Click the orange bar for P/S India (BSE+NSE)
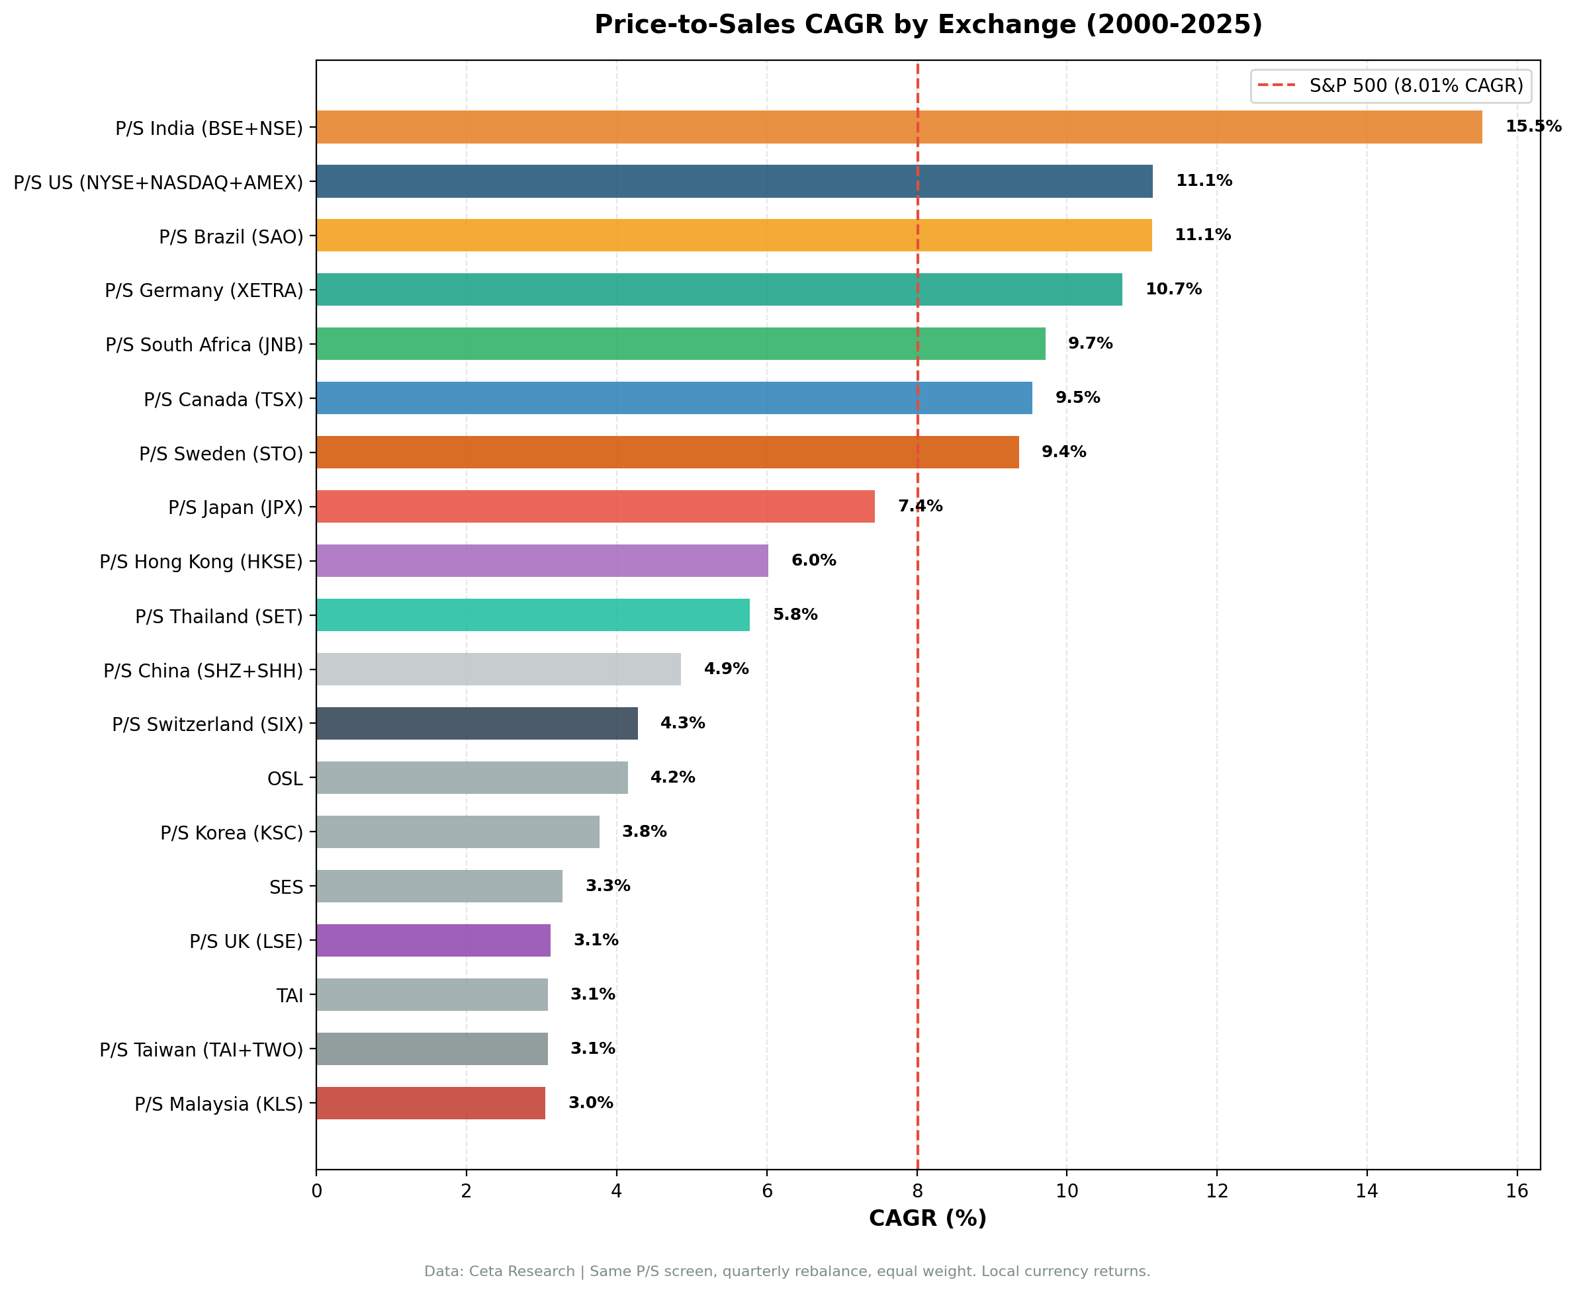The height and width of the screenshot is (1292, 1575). [x=899, y=127]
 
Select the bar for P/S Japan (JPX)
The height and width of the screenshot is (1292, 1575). [x=595, y=506]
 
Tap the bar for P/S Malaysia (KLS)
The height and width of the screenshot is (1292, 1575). [x=430, y=1103]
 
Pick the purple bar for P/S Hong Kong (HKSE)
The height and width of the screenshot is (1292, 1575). [x=542, y=560]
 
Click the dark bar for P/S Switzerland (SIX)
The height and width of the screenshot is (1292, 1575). [x=476, y=724]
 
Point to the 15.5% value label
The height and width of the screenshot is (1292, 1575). [x=1533, y=126]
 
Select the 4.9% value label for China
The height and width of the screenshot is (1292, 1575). [x=726, y=668]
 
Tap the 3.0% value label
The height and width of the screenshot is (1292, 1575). [x=590, y=1102]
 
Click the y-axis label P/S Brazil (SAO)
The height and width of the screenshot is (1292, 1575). [x=231, y=237]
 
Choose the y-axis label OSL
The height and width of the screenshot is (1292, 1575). [x=285, y=779]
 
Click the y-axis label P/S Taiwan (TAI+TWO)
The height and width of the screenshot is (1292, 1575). [x=201, y=1049]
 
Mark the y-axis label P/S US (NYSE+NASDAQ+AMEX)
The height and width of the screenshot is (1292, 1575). [x=157, y=183]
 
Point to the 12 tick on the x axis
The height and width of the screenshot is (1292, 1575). [x=1216, y=1191]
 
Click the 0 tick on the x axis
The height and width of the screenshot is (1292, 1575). [x=316, y=1191]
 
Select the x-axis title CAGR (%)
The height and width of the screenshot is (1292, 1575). [x=927, y=1219]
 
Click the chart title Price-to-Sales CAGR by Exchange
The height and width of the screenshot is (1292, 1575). [x=927, y=24]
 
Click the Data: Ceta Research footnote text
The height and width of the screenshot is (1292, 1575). [x=787, y=1271]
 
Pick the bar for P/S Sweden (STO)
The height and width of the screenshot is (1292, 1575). [x=667, y=452]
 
